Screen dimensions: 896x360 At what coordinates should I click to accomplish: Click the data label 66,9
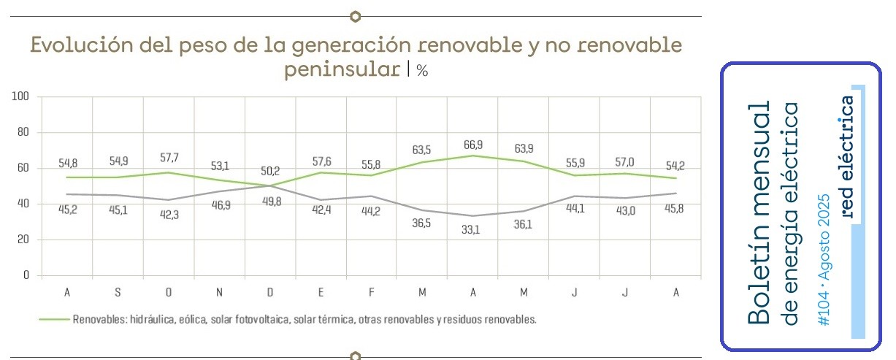tap(473, 145)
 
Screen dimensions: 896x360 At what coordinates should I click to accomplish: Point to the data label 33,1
tap(470, 230)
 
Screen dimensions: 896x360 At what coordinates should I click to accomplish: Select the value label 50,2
tap(270, 171)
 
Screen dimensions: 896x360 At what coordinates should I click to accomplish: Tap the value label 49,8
tap(272, 202)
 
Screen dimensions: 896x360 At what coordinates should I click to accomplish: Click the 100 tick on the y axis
tap(20, 96)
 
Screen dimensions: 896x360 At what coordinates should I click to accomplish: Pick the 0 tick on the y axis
tap(26, 275)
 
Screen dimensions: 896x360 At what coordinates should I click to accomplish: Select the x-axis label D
tap(270, 293)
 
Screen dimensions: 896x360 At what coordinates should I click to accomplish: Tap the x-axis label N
tap(219, 293)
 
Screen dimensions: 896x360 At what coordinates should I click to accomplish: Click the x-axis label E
tap(321, 293)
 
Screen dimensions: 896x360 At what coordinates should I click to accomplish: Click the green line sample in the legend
tap(54, 320)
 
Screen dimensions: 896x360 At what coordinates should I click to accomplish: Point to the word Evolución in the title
tap(82, 45)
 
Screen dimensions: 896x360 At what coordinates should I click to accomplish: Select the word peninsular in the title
tap(342, 69)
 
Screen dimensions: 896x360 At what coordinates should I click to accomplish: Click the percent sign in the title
tap(422, 71)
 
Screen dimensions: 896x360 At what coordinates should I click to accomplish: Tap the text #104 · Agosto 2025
tap(824, 260)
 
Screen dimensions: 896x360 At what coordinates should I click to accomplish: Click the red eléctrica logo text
tap(847, 157)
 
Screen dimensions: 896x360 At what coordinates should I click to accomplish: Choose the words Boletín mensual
tap(759, 212)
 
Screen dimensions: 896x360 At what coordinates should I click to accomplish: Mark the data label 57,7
tap(169, 158)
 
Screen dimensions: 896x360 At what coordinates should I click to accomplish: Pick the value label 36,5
tap(421, 223)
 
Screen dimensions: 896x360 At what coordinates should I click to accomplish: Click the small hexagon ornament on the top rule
tap(355, 16)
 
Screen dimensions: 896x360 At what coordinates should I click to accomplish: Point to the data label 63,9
tap(524, 149)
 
